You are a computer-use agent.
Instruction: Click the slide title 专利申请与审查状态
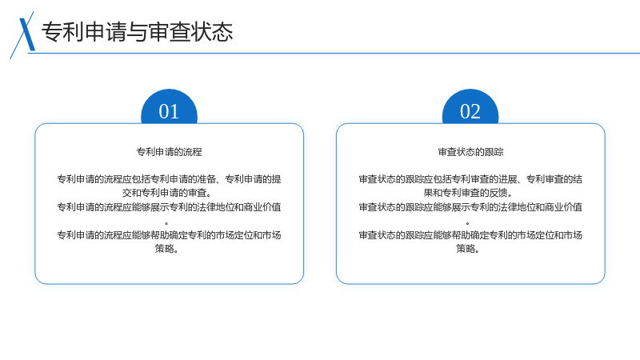137,32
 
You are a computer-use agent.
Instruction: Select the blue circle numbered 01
169,107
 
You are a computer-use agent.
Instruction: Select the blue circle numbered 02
470,107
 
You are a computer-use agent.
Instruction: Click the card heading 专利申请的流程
169,152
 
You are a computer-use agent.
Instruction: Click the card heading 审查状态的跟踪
470,152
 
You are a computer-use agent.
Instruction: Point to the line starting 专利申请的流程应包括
169,179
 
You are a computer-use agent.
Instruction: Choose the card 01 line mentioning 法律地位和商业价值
169,207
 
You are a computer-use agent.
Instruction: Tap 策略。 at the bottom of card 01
166,249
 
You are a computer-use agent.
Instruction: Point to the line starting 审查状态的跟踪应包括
470,179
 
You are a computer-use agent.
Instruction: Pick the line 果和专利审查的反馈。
468,193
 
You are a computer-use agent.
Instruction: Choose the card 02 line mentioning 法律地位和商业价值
470,207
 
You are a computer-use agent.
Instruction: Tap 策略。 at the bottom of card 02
468,249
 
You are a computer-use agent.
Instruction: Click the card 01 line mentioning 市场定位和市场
169,235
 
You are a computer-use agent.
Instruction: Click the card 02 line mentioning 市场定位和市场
470,235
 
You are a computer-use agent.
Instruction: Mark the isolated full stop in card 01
166,223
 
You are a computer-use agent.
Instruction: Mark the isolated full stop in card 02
467,223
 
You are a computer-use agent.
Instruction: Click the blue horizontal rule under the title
334,53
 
